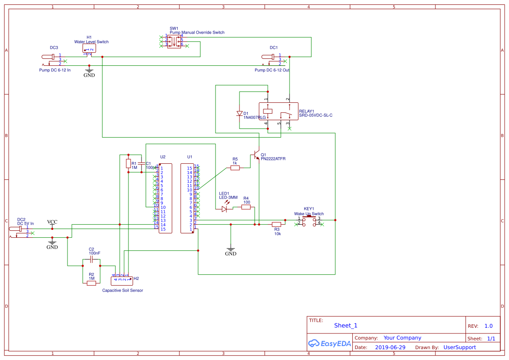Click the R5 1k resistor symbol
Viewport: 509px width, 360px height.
click(x=235, y=168)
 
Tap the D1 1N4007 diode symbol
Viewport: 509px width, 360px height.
click(x=239, y=114)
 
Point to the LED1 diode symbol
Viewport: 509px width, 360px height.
click(x=224, y=209)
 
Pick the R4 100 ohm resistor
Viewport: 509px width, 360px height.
click(x=246, y=207)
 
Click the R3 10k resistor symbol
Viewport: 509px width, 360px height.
click(x=276, y=225)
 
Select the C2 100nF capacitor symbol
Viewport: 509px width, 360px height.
click(x=91, y=259)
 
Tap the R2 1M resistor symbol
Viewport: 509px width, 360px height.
click(x=91, y=283)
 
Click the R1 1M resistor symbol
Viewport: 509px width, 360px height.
click(x=128, y=164)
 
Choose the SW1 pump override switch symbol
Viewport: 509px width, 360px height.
click(x=174, y=41)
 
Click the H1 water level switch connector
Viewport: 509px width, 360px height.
click(x=89, y=50)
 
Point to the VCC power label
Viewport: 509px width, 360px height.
click(x=52, y=222)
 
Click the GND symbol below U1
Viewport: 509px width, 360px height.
click(x=231, y=252)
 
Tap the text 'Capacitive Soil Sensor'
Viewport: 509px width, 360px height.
click(x=122, y=290)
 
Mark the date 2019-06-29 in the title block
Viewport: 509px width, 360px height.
click(x=390, y=347)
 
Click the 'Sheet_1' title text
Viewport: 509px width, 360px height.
click(x=346, y=325)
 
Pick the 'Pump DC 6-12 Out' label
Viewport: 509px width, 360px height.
click(x=272, y=70)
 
